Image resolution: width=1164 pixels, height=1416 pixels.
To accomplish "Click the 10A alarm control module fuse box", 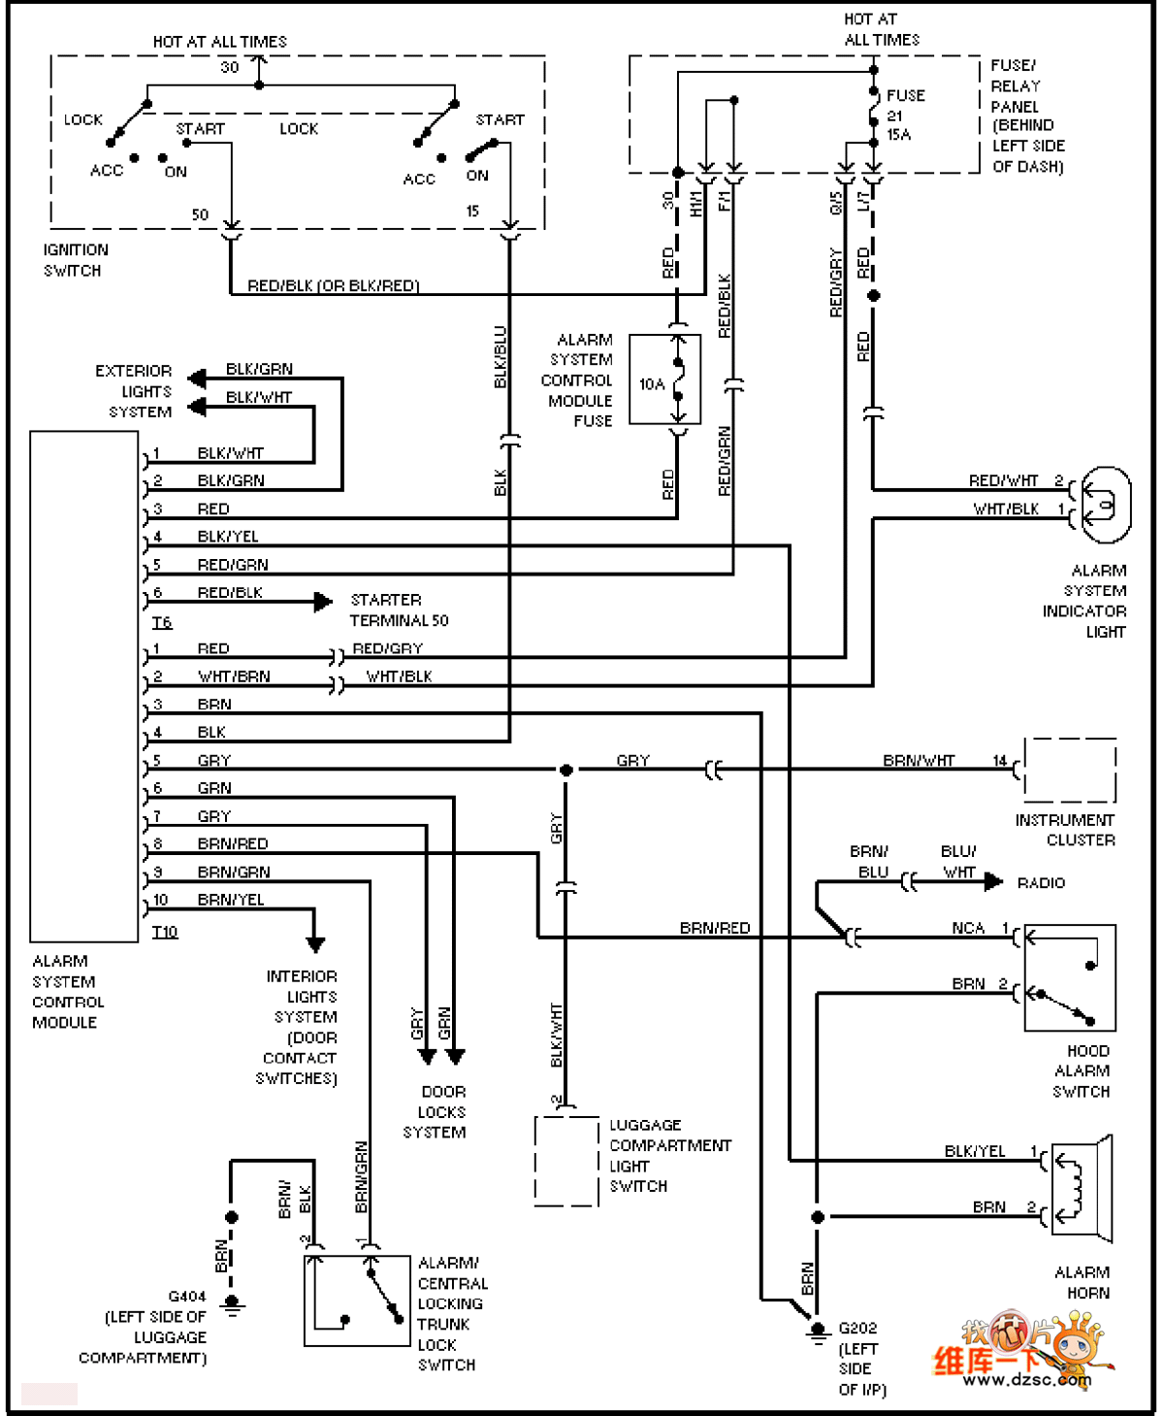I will tap(664, 379).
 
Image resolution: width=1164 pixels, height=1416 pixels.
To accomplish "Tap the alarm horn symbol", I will tap(1081, 1189).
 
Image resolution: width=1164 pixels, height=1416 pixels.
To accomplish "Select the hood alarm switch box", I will tap(1070, 977).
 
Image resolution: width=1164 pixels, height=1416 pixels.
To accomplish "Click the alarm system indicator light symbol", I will tap(1105, 505).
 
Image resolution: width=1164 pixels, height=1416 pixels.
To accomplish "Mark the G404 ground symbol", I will tap(232, 1303).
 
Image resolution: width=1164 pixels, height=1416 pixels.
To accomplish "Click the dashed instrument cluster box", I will tap(1070, 770).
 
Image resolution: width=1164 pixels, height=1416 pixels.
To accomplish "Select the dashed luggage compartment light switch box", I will tap(566, 1161).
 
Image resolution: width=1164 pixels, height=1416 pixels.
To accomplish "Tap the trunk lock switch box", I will tap(357, 1301).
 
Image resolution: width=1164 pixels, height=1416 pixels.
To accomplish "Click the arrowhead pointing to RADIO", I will tap(993, 881).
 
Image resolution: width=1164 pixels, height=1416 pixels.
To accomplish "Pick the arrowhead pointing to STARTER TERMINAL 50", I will tap(323, 602).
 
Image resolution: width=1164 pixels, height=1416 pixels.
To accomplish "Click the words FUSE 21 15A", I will tap(904, 115).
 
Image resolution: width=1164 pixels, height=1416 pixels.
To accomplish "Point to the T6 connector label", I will tap(162, 622).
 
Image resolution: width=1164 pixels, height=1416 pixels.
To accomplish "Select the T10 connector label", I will tap(165, 932).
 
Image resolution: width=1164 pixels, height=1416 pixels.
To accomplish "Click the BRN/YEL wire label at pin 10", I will tap(231, 900).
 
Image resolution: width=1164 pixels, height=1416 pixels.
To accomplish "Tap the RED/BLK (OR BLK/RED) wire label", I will tap(333, 285).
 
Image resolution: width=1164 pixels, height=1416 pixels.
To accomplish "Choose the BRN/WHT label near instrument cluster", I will tap(919, 760).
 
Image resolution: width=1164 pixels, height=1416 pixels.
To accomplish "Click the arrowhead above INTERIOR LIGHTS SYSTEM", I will tap(315, 944).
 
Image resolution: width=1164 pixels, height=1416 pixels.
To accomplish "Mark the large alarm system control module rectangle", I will tap(84, 686).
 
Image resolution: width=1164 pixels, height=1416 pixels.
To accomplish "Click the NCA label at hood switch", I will tap(967, 928).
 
